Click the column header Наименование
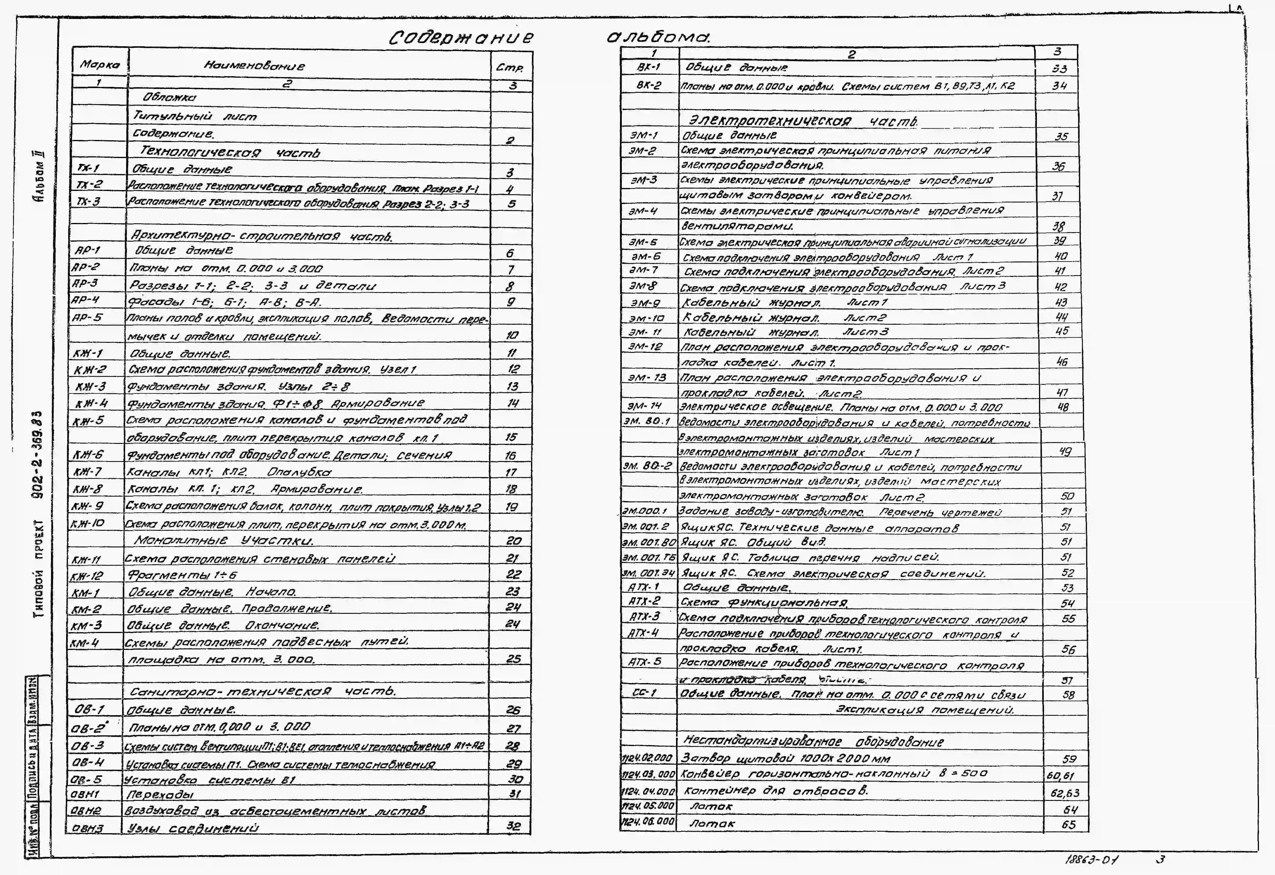(x=254, y=66)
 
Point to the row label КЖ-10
(x=87, y=523)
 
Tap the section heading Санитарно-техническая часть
(x=262, y=691)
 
